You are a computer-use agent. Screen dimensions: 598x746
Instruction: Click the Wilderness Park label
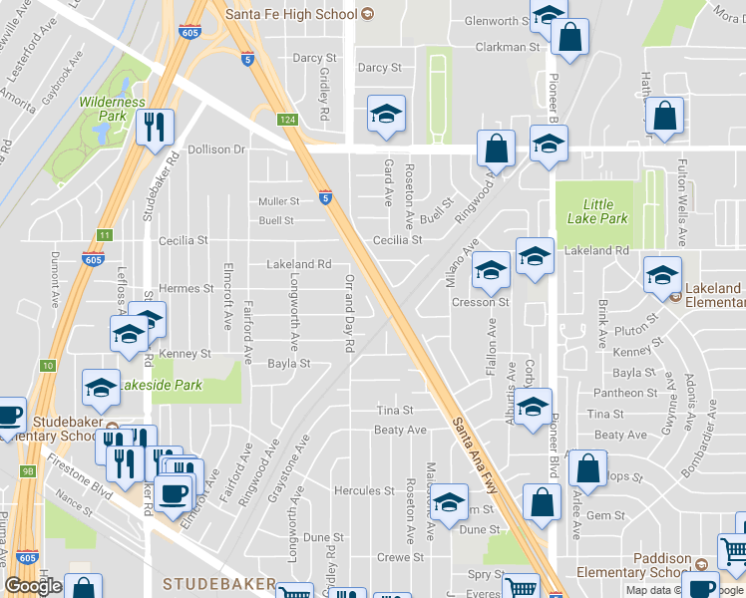tap(113, 109)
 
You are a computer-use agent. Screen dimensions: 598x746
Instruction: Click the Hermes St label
tap(186, 288)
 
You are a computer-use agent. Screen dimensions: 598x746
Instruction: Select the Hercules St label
tap(364, 490)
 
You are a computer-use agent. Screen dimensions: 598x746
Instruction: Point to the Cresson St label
tap(480, 302)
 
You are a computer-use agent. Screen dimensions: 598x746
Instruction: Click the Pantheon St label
tap(623, 393)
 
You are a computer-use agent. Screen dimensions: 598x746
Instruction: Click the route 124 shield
tap(287, 121)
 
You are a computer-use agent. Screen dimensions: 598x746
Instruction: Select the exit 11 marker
tap(104, 235)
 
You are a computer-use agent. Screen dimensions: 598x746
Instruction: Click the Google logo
tap(33, 585)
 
